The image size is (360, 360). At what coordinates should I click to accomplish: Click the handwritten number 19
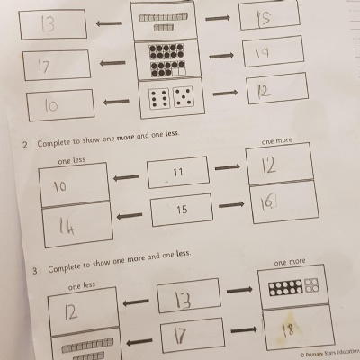(262, 53)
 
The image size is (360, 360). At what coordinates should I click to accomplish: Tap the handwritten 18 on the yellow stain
(288, 329)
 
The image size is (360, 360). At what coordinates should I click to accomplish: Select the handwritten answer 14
(67, 226)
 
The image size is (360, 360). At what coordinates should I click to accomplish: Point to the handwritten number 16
(268, 203)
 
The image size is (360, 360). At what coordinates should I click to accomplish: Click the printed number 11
(178, 172)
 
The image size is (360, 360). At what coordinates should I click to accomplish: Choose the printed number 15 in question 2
(182, 209)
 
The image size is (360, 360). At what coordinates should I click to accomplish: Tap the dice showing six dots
(159, 98)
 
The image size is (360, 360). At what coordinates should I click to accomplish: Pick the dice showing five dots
(184, 97)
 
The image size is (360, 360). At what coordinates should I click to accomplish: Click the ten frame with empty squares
(168, 68)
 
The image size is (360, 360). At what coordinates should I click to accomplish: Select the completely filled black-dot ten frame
(166, 51)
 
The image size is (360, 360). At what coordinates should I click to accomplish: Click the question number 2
(25, 145)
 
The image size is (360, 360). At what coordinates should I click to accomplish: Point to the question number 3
(35, 271)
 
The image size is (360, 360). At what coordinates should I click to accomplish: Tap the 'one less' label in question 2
(72, 161)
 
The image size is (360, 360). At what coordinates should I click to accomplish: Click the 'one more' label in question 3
(290, 262)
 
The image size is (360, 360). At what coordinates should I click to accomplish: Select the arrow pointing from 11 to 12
(228, 167)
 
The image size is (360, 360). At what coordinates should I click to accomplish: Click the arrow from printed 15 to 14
(130, 216)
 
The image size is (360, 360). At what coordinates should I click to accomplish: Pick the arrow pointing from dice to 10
(116, 102)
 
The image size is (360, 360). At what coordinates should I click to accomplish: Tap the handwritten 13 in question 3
(183, 300)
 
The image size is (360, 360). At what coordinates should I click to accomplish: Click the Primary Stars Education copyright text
(329, 353)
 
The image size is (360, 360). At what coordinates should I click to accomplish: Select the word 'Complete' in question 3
(66, 267)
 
